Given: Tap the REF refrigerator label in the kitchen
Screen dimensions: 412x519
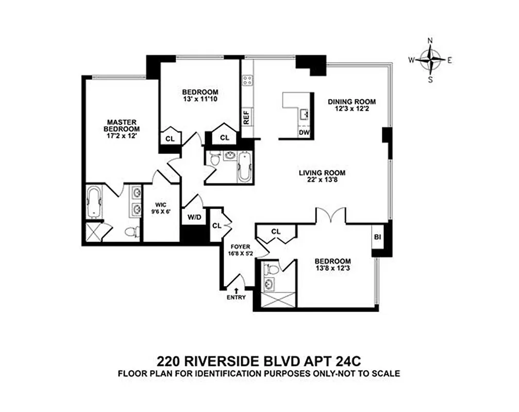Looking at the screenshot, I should (246, 118).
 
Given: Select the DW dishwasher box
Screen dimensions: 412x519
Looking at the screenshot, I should (304, 133).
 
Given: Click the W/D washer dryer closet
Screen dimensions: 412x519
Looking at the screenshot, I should (194, 217).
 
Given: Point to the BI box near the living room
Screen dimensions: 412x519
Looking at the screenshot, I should (377, 237).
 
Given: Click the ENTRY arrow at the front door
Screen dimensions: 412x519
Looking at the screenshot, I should (236, 291).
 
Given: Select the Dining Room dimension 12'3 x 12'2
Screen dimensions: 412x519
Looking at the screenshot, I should (352, 109).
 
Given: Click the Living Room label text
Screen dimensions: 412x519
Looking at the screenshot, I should (322, 173).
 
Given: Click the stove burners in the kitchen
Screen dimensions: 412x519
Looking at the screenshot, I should (247, 80).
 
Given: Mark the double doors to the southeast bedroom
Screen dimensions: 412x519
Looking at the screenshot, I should (330, 215).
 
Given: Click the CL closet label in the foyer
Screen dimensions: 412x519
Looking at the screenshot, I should (217, 225).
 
